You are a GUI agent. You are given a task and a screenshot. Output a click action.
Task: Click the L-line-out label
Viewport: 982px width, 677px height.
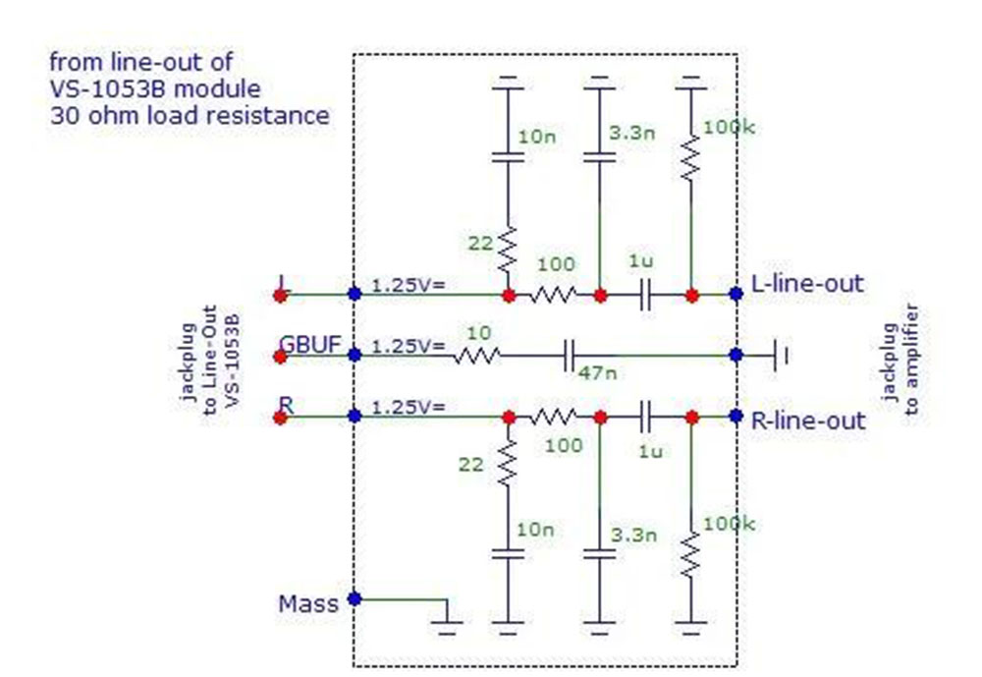point(806,284)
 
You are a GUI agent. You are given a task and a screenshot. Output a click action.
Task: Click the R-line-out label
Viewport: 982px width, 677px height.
point(808,421)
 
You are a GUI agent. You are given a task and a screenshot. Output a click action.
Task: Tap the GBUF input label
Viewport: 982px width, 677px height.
point(310,345)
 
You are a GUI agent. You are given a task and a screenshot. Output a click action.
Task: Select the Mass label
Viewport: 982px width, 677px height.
point(308,604)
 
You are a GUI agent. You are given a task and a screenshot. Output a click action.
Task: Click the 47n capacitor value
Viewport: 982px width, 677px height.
point(597,373)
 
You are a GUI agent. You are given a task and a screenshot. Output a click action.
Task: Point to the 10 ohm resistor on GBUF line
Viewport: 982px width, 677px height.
point(476,356)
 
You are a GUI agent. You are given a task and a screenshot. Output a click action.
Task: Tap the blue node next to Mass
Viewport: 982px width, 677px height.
point(355,598)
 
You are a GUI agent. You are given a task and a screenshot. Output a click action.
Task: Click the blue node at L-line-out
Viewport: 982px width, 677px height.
point(736,294)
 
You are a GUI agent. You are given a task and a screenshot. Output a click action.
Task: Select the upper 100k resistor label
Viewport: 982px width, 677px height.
point(729,128)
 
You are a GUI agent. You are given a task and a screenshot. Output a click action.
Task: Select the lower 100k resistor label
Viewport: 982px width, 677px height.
point(729,524)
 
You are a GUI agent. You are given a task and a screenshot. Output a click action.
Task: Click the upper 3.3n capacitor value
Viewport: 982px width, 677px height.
point(632,133)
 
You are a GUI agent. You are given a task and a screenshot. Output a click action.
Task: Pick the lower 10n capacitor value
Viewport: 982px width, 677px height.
point(535,530)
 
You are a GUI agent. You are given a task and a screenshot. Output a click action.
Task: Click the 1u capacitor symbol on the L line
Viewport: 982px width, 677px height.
point(646,295)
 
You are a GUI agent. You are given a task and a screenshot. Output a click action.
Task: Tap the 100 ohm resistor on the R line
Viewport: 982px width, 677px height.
point(554,417)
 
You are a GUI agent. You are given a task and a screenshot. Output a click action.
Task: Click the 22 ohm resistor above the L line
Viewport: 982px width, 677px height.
point(508,250)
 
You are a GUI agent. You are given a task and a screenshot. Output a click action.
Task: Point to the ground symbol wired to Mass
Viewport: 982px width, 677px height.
point(447,627)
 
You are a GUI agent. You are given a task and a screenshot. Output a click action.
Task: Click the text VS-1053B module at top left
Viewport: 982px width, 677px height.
point(155,89)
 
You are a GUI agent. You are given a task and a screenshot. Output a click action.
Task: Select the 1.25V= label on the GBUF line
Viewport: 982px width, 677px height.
point(409,346)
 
